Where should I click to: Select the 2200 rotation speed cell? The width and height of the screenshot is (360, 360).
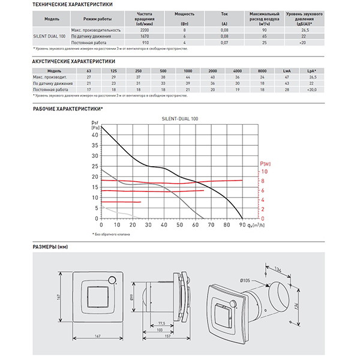point(145,30)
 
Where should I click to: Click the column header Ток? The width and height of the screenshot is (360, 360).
point(224,12)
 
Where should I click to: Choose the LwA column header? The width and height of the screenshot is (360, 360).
point(287,71)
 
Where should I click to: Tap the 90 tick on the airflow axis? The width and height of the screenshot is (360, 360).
point(241,226)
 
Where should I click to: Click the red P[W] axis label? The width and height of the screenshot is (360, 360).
point(265,163)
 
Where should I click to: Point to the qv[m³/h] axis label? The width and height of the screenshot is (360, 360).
point(257,226)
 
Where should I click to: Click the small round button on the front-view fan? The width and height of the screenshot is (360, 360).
point(112,280)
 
